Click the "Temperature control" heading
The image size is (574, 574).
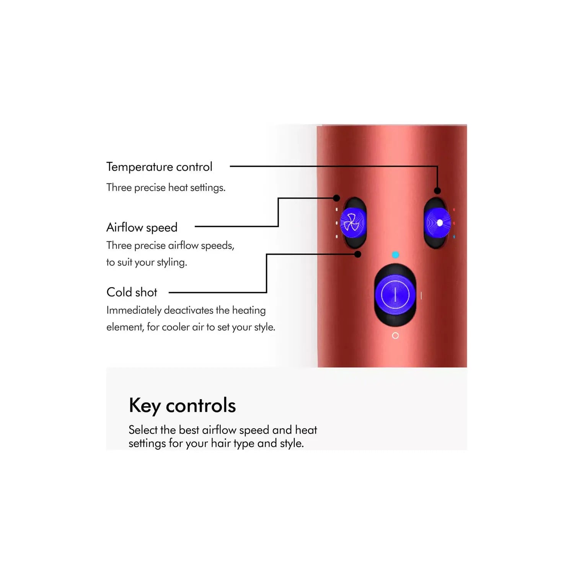159,167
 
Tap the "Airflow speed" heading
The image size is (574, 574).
142,228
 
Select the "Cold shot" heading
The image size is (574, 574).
132,292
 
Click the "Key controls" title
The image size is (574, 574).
182,406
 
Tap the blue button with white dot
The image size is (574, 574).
437,223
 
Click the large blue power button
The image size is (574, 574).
395,295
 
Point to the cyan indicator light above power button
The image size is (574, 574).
395,254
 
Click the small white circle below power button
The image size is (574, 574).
395,336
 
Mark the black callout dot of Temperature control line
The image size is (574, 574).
437,191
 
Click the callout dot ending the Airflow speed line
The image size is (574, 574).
336,198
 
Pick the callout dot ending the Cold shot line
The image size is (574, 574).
358,254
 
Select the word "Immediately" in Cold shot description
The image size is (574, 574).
134,310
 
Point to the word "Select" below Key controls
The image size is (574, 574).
143,430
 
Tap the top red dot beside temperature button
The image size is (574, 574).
454,210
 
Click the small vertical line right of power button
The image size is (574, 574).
421,295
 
